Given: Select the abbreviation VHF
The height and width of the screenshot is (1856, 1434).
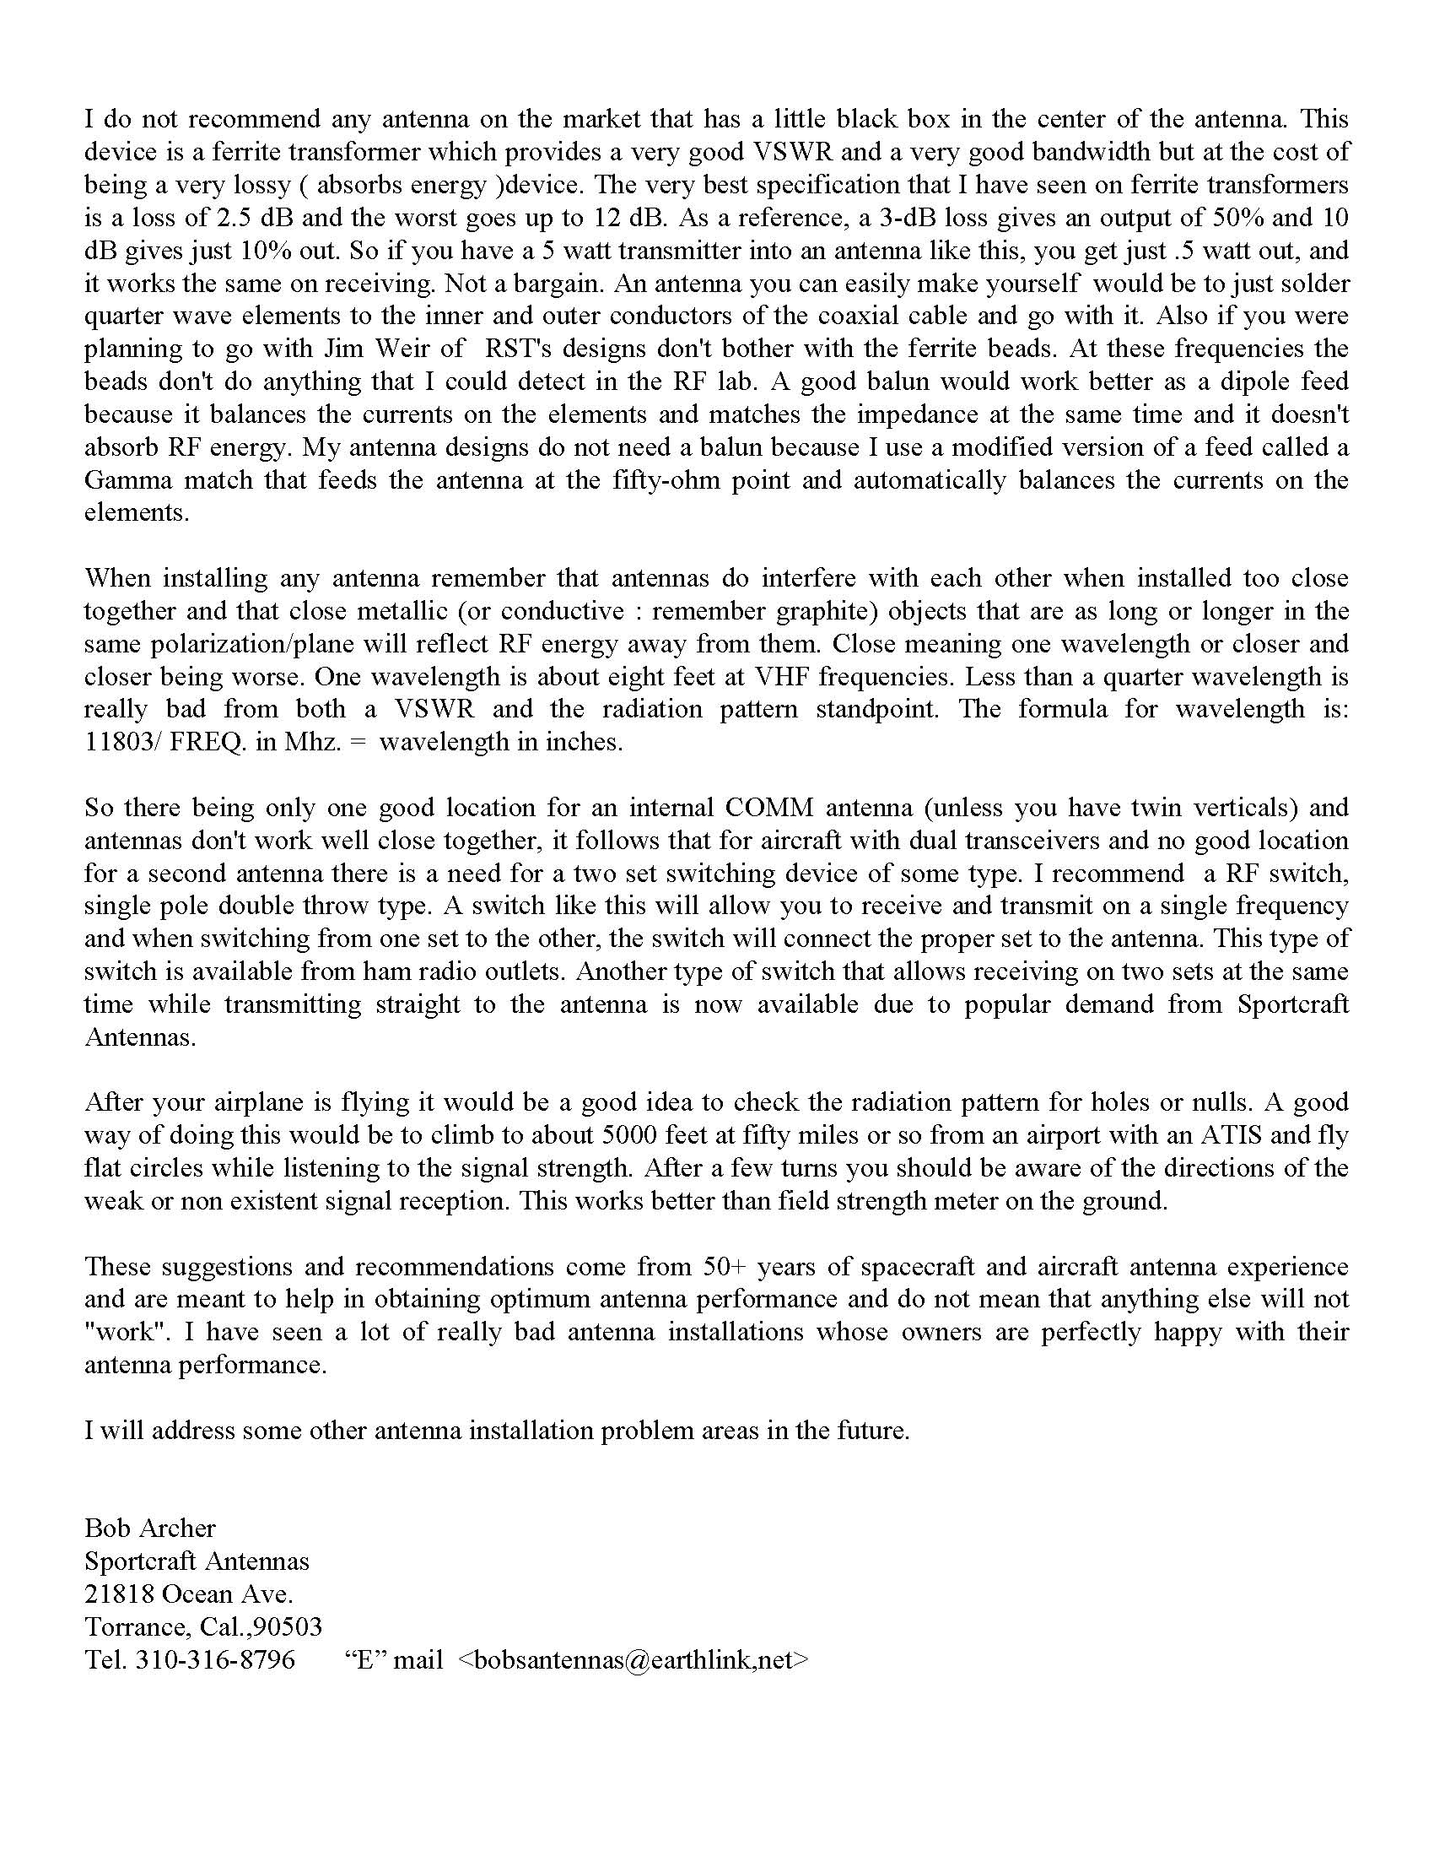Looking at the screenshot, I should point(768,676).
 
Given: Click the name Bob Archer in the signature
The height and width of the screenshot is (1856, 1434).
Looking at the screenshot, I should point(149,1528).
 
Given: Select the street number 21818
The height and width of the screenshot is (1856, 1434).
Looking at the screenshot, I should point(119,1594).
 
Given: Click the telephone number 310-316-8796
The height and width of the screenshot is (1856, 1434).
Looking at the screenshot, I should point(215,1659).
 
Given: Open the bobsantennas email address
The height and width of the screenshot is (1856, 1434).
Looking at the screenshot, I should point(633,1659).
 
